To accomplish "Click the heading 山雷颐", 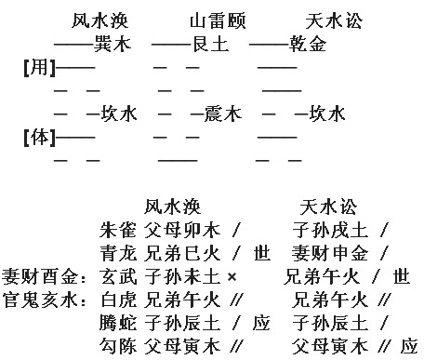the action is coord(218,20).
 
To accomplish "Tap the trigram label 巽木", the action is coord(113,44).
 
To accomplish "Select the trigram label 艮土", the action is coord(211,44).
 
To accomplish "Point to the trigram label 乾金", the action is coord(308,44).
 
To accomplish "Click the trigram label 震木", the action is coord(223,113).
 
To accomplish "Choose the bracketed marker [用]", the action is coord(40,67).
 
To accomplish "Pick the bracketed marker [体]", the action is coord(40,137).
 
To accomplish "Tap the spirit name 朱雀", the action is coord(118,230).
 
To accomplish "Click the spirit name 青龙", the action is coord(118,253).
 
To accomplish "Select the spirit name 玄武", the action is coord(118,276).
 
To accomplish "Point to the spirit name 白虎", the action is coord(118,300).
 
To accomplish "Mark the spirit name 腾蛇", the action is coord(118,323).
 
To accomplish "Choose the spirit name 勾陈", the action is coord(118,346).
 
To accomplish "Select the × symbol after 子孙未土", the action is coord(232,276).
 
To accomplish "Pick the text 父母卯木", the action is coord(182,230).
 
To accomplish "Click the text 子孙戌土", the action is coord(330,230).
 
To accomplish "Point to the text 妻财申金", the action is coord(330,253).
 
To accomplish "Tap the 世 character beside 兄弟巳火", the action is coord(262,253).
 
